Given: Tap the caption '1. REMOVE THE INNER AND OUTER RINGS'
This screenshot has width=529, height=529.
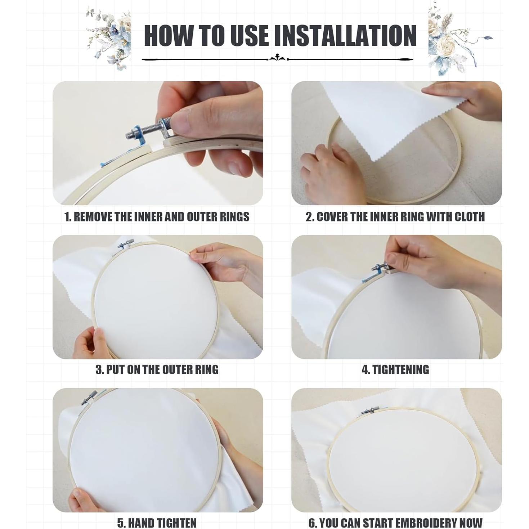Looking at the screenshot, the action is pos(157,217).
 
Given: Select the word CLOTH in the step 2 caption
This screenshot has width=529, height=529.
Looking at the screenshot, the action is pos(470,217).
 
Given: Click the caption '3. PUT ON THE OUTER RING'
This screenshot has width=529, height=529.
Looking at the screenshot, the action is pos(157,370).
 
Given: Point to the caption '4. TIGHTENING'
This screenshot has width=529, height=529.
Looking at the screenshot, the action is pos(395,370).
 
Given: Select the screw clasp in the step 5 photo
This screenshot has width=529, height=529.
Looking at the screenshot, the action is pos(88,398).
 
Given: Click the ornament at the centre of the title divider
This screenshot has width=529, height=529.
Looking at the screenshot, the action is pos(278,58).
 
